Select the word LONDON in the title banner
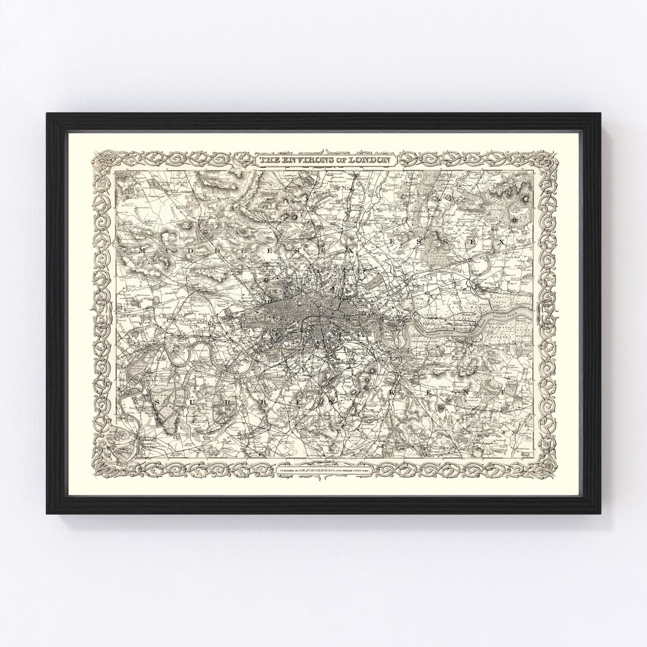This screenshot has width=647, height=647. [x=371, y=161]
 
